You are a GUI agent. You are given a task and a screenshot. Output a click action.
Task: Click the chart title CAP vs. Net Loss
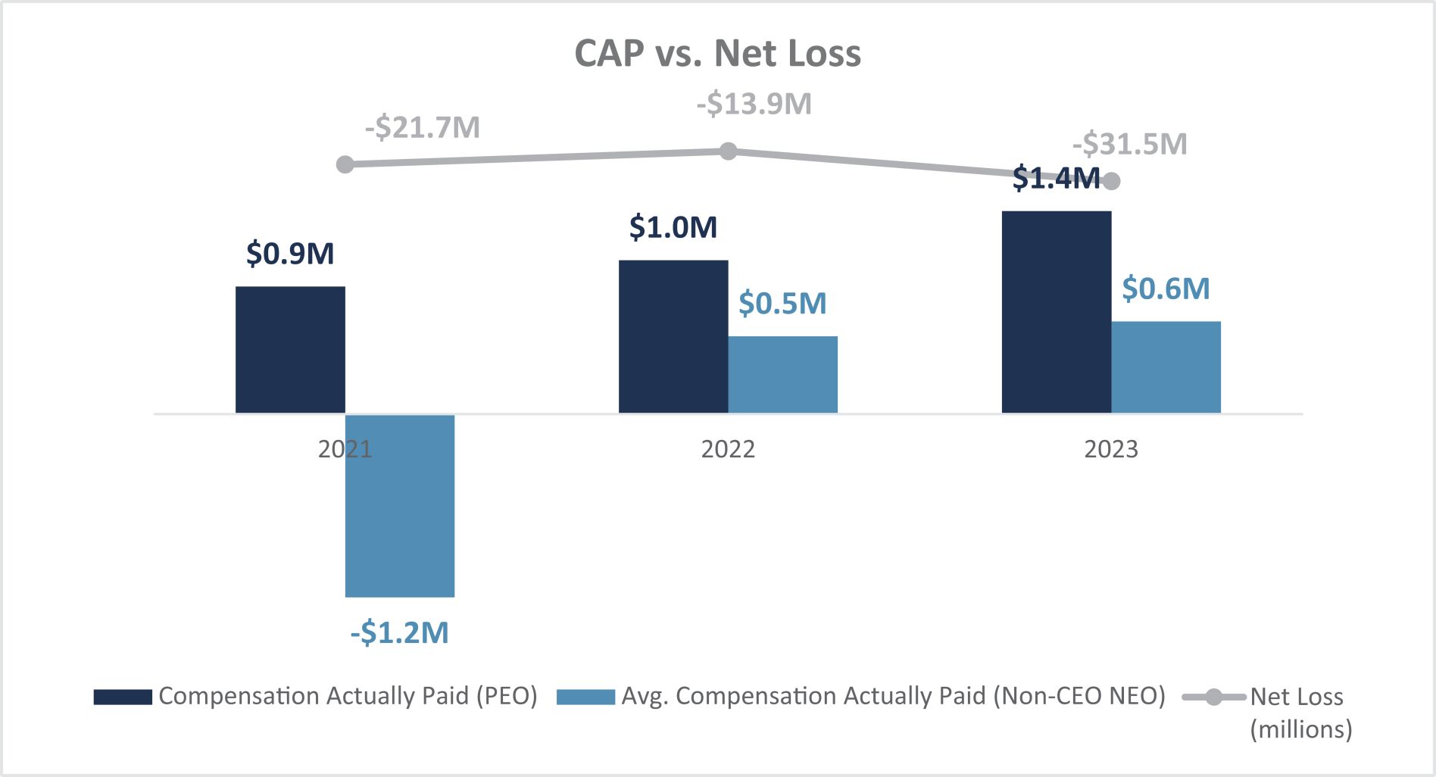click(x=717, y=54)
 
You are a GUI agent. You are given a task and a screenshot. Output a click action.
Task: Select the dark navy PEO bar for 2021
click(x=290, y=349)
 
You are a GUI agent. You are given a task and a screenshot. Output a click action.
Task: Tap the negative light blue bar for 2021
click(x=400, y=505)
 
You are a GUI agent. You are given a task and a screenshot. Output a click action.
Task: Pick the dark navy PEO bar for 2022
click(x=673, y=336)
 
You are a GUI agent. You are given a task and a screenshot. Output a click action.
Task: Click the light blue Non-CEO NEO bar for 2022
click(x=782, y=374)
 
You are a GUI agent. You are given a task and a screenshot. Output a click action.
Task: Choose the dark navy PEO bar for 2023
click(x=1057, y=311)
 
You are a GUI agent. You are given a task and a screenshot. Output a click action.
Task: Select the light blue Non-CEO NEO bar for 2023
click(x=1166, y=367)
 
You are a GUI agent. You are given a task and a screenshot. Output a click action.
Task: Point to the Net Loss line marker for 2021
click(x=345, y=164)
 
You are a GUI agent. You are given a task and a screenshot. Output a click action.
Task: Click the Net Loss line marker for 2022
click(x=728, y=151)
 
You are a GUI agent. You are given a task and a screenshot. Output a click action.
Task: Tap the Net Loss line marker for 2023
click(x=1111, y=181)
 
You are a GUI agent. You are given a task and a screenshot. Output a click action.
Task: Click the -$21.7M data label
click(x=423, y=127)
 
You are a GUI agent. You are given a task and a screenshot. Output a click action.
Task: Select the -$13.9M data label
click(x=754, y=104)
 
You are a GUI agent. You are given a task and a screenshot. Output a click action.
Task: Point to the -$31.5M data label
click(x=1130, y=144)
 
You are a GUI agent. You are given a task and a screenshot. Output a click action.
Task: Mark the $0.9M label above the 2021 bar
click(x=290, y=253)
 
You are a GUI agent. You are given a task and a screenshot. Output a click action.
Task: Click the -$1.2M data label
click(x=400, y=632)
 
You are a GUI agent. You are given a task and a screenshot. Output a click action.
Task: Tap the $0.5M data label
click(x=782, y=303)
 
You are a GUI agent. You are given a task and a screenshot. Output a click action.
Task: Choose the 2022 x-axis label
click(x=728, y=449)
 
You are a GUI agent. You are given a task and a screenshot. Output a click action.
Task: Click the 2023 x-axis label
click(x=1111, y=449)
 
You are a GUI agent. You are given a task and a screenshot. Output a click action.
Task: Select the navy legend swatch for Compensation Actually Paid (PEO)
click(x=123, y=697)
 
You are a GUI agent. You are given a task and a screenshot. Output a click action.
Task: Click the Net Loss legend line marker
click(x=1213, y=697)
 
